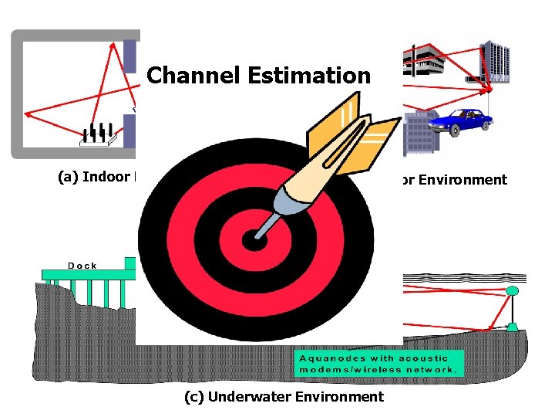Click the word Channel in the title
193,76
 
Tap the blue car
461,119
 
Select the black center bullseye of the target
254,240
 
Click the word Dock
82,266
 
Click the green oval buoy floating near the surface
512,290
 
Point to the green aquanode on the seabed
512,327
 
